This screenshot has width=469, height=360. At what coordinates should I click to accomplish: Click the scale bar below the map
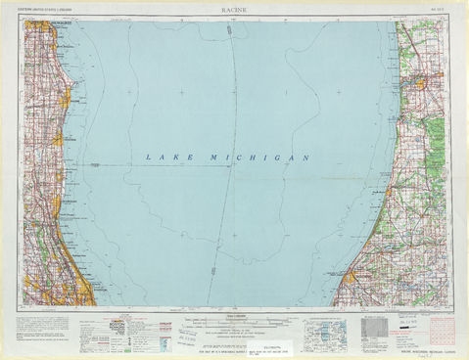[234, 320]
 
